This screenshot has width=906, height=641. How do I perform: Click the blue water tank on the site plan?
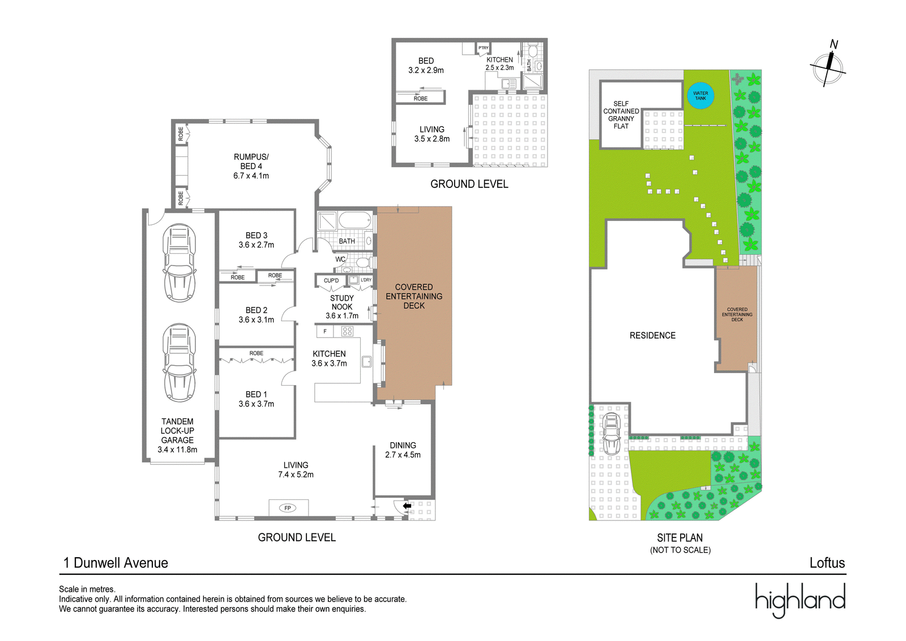700,96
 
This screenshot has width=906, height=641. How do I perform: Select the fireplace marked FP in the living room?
288,508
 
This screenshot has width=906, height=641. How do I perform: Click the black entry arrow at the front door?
407,506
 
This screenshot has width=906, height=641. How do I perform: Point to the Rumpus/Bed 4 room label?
251,161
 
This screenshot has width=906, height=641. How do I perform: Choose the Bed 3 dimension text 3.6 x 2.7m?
257,245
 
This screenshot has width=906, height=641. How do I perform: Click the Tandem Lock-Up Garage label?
178,431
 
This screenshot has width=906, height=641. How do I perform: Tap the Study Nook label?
342,302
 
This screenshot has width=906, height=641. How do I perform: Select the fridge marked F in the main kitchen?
325,332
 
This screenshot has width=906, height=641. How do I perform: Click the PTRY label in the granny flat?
484,48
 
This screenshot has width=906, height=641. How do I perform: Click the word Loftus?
827,562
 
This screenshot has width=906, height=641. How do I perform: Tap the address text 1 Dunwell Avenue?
116,562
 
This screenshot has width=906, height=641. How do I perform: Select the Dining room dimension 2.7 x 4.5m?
403,455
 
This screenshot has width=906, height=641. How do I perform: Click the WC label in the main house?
340,259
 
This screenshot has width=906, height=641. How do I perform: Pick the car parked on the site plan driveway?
612,434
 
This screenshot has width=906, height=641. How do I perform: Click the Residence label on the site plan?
652,335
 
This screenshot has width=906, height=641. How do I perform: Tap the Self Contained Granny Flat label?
621,115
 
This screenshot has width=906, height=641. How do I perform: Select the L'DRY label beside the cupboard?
366,280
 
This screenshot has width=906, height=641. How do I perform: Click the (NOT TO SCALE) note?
680,550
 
